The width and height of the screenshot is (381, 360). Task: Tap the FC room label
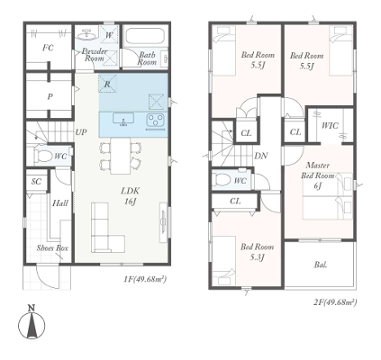48,48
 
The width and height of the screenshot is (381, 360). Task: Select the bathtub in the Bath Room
145,37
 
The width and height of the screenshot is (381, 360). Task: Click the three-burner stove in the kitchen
155,120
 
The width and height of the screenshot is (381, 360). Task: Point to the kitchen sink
123,119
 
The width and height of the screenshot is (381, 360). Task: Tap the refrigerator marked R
107,84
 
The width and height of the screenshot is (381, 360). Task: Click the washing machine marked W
109,35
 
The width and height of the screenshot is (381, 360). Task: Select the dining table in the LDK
121,156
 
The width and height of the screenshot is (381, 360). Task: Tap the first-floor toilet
44,156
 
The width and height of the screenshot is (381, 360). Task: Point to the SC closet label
36,182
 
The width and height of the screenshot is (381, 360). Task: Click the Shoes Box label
52,248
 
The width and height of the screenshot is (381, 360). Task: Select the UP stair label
81,132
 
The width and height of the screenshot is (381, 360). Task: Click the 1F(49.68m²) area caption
145,279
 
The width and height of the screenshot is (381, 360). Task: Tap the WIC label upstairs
330,125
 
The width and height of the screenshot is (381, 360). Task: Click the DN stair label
261,156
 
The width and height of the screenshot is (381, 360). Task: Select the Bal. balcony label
321,265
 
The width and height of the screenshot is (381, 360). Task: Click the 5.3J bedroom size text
258,257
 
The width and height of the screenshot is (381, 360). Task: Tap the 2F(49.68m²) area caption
335,302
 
